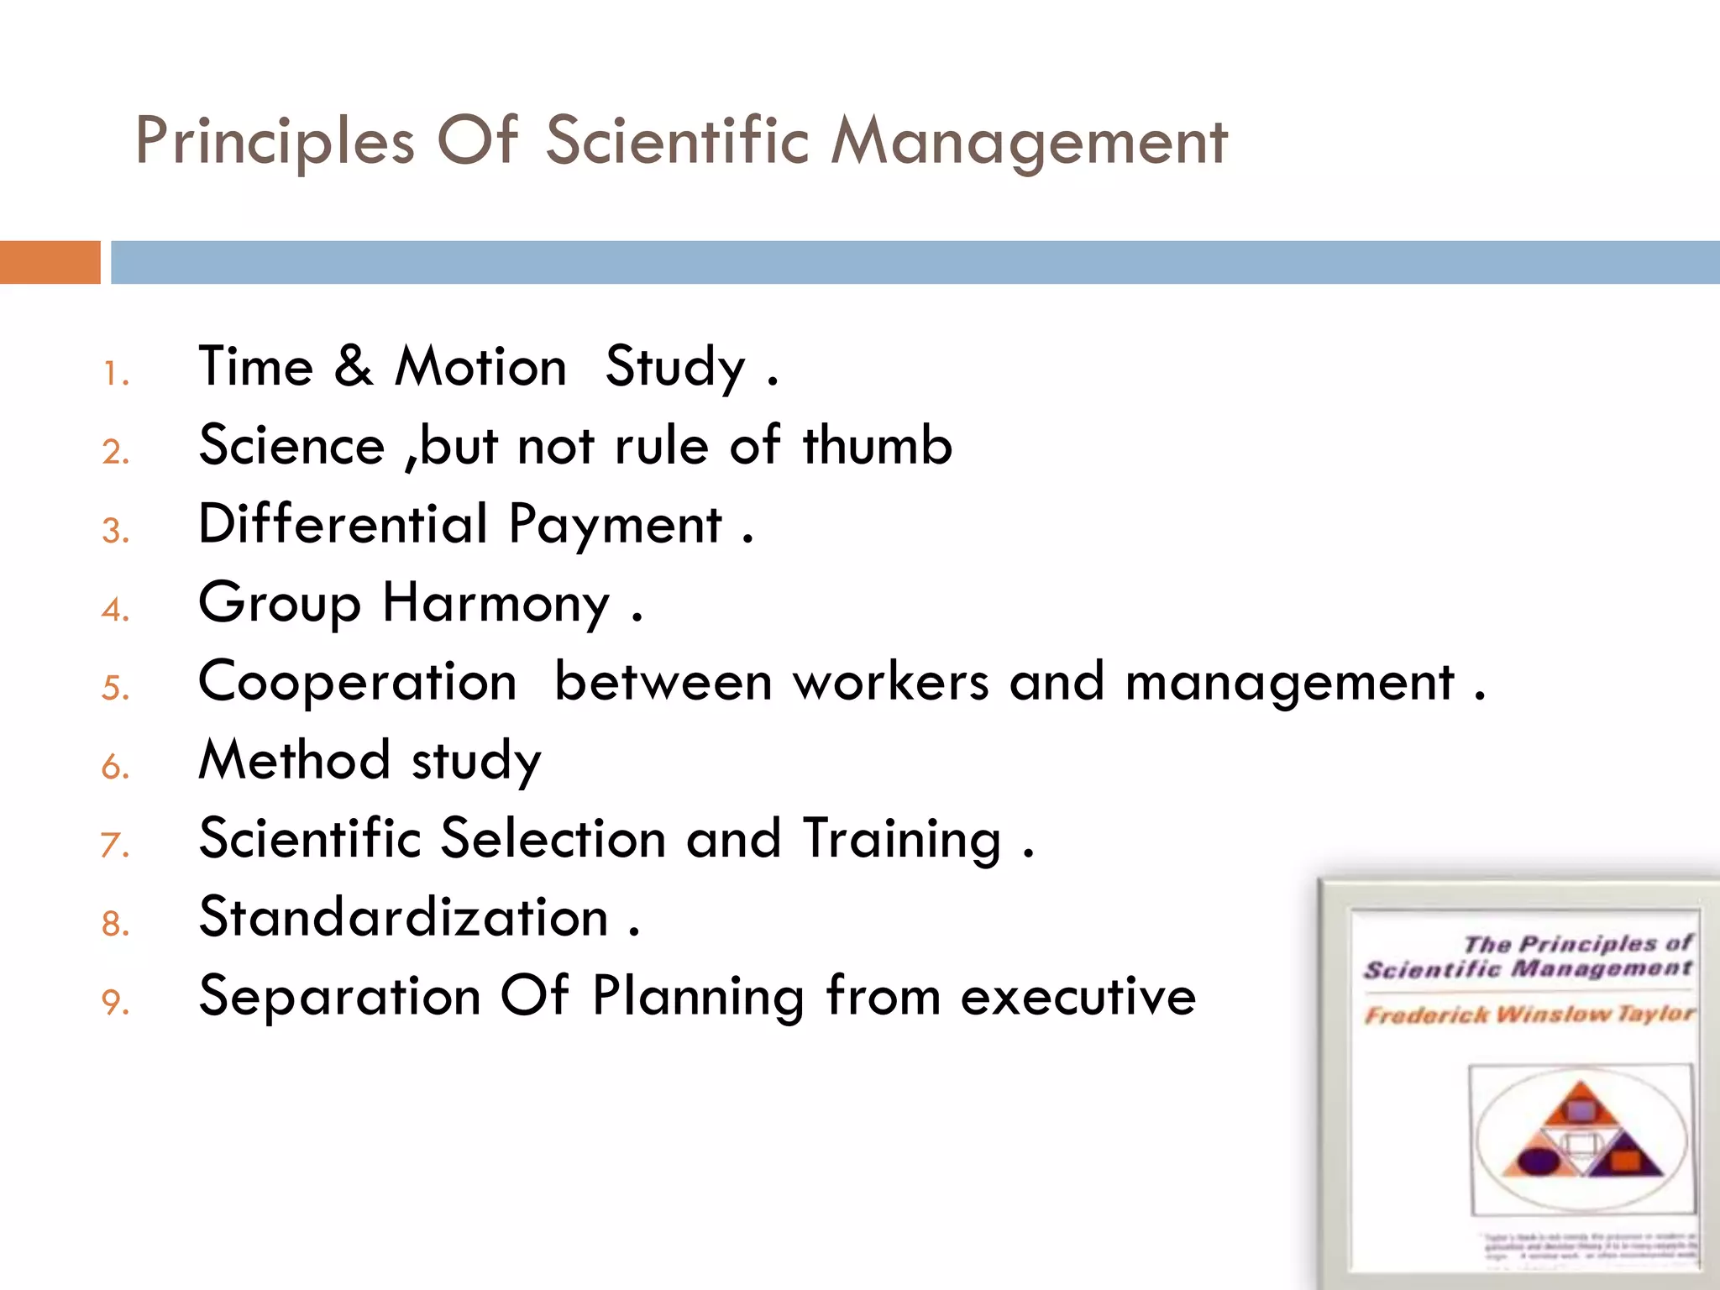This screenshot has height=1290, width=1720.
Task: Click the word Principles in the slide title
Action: tap(275, 141)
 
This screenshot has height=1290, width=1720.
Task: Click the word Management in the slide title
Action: tap(1029, 141)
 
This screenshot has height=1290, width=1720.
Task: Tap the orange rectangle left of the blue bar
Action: tap(50, 262)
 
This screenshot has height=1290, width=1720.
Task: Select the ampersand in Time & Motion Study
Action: tap(354, 367)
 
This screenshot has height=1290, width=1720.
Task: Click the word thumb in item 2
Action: tap(877, 445)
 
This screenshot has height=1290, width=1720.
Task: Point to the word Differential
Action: tap(343, 523)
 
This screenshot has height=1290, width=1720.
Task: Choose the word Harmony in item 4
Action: tap(496, 602)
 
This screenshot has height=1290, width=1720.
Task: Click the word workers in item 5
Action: tap(891, 681)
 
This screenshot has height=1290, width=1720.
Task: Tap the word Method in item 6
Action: tap(294, 759)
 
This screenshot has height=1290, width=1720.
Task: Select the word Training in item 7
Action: tap(902, 838)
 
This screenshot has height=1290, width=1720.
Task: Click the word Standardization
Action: tap(403, 916)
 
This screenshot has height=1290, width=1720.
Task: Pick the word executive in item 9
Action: tap(1078, 996)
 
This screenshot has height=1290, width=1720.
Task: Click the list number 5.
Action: tap(115, 688)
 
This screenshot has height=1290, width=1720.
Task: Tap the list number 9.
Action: tap(115, 1002)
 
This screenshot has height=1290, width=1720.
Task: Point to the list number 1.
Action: tap(115, 374)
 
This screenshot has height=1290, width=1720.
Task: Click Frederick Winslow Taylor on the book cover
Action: tap(1529, 1015)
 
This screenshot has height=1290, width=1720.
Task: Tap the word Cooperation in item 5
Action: tap(358, 681)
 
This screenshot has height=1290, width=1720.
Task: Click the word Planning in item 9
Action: tap(698, 996)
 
